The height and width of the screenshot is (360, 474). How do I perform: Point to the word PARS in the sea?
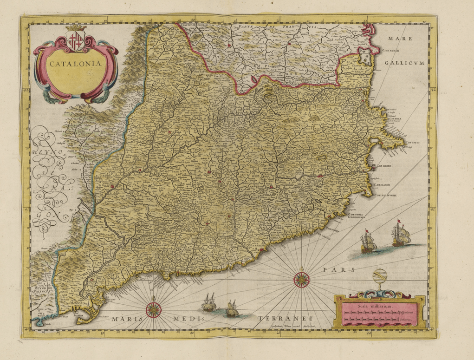tap(338, 269)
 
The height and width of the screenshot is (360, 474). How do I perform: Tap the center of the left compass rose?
tap(154, 309)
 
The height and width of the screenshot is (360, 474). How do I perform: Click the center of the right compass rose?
tap(302, 279)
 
